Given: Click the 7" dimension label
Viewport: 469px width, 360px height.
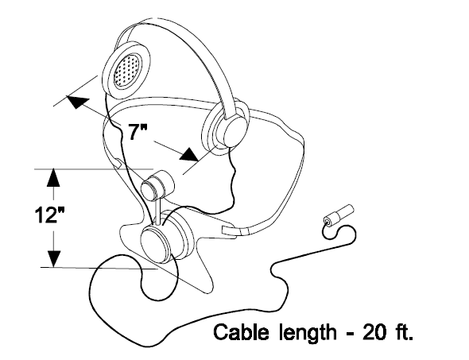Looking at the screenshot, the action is (x=138, y=132).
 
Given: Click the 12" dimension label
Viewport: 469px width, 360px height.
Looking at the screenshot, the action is (x=49, y=215).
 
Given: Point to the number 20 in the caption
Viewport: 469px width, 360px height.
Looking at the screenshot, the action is (x=374, y=332).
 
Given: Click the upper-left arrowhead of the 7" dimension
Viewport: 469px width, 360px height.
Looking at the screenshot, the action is (x=77, y=101).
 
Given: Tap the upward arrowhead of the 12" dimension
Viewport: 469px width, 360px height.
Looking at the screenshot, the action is (x=53, y=177).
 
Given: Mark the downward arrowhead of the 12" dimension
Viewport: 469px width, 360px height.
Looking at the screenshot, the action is (x=54, y=257).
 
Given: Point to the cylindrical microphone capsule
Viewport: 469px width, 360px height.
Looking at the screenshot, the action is (x=157, y=185).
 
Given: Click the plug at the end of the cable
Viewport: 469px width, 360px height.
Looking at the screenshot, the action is (x=339, y=215).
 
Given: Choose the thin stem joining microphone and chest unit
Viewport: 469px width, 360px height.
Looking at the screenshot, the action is (x=157, y=211).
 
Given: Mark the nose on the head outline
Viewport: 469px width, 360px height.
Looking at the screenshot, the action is (x=232, y=176).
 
